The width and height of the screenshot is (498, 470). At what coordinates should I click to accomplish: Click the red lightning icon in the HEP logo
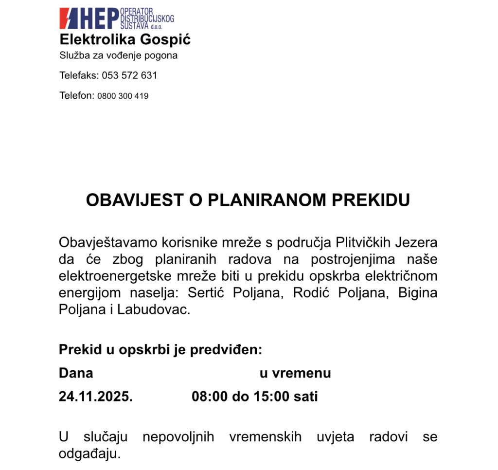coord(68,18)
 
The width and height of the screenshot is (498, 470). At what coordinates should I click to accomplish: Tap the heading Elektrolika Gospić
coord(125,39)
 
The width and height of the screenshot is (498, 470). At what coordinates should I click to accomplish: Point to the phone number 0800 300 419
coord(123,96)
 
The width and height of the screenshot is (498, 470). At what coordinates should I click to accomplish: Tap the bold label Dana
coord(76,373)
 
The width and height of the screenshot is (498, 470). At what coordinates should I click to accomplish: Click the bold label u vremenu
coord(295,373)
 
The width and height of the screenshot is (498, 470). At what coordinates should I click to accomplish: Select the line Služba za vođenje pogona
coord(118,55)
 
